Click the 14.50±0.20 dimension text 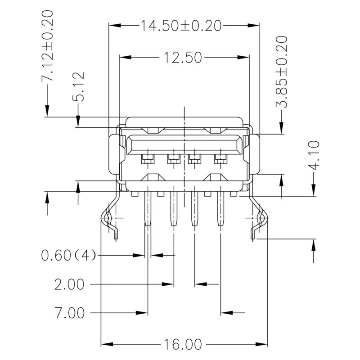pyautogui.click(x=181, y=26)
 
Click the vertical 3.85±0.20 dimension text pyautogui.click(x=282, y=72)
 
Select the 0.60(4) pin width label pyautogui.click(x=68, y=256)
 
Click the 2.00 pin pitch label pyautogui.click(x=69, y=284)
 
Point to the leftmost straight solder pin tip pyautogui.click(x=147, y=223)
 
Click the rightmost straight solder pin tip pyautogui.click(x=220, y=223)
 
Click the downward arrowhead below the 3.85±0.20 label pyautogui.click(x=282, y=130)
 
